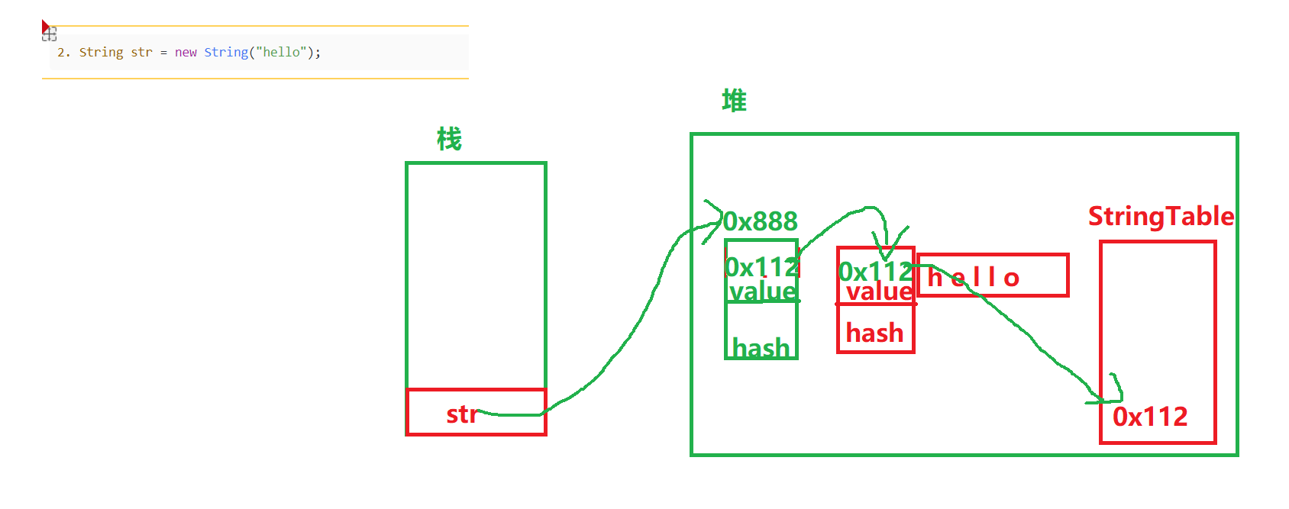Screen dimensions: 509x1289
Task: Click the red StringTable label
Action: click(x=1161, y=217)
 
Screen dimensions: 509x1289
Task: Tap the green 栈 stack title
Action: click(x=449, y=140)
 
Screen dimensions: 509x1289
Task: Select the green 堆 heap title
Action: click(x=734, y=101)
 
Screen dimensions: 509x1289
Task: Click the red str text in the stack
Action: click(x=461, y=414)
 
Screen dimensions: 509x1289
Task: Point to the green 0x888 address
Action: click(x=761, y=221)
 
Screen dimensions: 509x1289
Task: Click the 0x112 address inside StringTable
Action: click(x=1150, y=417)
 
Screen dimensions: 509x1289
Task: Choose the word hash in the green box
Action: click(x=761, y=348)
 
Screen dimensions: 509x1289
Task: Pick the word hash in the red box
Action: click(x=874, y=333)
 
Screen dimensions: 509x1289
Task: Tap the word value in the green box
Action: click(x=762, y=292)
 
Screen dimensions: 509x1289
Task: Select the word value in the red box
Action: click(x=879, y=292)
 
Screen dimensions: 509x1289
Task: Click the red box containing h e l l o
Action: click(x=993, y=275)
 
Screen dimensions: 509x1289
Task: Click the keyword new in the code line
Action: click(x=186, y=53)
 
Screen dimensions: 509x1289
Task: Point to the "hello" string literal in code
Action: click(x=282, y=53)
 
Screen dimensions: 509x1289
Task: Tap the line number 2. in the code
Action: click(x=63, y=53)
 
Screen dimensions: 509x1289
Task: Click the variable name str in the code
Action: click(x=141, y=53)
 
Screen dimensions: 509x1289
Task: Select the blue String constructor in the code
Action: click(x=226, y=53)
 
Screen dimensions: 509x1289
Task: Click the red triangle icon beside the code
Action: click(x=46, y=27)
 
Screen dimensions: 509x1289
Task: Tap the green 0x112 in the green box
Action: click(x=762, y=267)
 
